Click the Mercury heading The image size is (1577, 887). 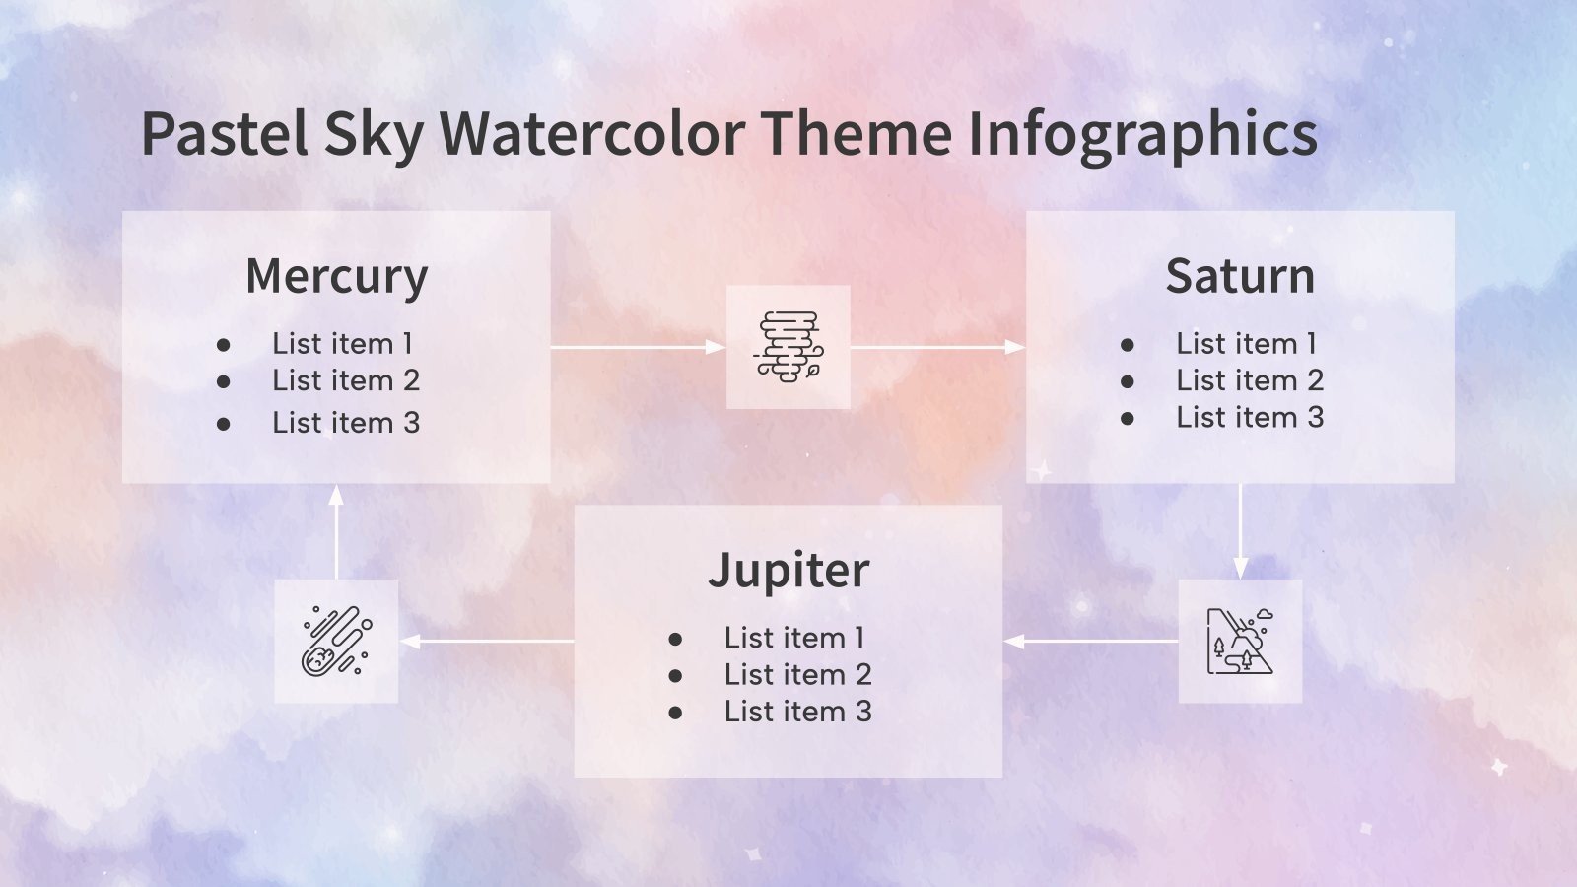[x=336, y=276]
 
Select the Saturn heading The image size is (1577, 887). [x=1240, y=276]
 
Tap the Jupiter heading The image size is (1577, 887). [x=788, y=570]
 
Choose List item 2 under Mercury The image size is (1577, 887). [x=346, y=380]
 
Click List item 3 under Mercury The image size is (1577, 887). [x=346, y=423]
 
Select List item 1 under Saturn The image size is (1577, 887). [x=1246, y=343]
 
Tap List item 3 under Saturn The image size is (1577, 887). [x=1250, y=417]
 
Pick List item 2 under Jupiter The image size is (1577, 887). [x=797, y=674]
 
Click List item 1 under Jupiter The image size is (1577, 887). [x=794, y=638]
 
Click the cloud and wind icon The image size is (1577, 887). [x=788, y=347]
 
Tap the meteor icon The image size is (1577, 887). [x=336, y=642]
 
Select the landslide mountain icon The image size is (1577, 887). [x=1240, y=642]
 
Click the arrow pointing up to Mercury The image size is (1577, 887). [x=336, y=532]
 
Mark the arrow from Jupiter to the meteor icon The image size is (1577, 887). [x=487, y=642]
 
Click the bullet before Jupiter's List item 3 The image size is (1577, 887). [x=675, y=712]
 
